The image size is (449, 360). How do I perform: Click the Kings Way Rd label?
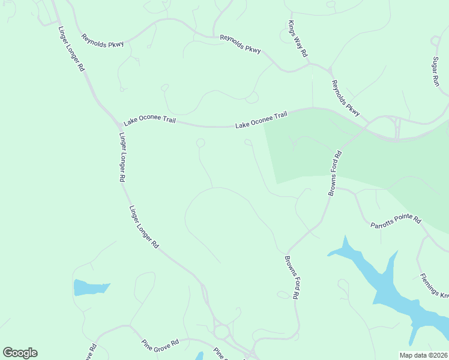pyautogui.click(x=298, y=39)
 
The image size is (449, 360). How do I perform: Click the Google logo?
pyautogui.click(x=20, y=353)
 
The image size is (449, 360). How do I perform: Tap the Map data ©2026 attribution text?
pyautogui.click(x=423, y=355)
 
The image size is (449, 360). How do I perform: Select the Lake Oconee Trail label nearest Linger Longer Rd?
pyautogui.click(x=149, y=120)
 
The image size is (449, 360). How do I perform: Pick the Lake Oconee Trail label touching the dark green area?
pyautogui.click(x=262, y=120)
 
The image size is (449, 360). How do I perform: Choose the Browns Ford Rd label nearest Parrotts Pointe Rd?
pyautogui.click(x=335, y=173)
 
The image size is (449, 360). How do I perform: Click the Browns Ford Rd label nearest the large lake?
pyautogui.click(x=292, y=278)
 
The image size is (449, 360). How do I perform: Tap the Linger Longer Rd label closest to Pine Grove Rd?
pyautogui.click(x=143, y=227)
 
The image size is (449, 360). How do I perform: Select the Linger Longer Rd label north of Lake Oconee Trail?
pyautogui.click(x=71, y=49)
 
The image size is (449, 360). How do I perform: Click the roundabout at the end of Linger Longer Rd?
pyautogui.click(x=221, y=331)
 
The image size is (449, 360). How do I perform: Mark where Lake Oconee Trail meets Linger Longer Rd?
pyautogui.click(x=119, y=122)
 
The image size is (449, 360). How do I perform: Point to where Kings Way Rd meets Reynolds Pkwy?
pyautogui.click(x=310, y=63)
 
